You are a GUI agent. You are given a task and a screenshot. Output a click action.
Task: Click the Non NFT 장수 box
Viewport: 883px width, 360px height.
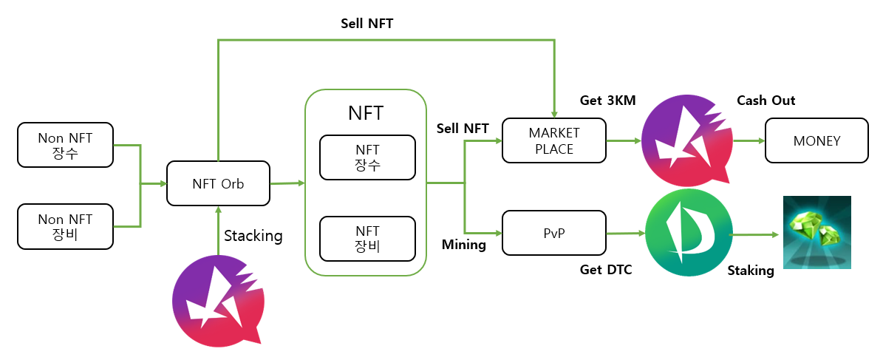(x=65, y=144)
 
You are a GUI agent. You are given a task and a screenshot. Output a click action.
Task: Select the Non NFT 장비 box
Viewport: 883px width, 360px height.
(x=65, y=227)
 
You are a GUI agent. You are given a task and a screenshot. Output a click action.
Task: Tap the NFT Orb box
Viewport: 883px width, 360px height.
(x=218, y=183)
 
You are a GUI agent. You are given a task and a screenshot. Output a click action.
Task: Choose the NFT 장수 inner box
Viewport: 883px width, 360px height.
(x=367, y=157)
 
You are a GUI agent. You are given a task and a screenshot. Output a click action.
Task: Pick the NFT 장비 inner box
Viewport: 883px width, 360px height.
(x=367, y=238)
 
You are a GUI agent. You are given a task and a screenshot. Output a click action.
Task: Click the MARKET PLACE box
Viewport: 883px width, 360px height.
(x=553, y=140)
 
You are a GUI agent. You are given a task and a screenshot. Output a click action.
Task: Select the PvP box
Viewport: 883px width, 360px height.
(x=553, y=233)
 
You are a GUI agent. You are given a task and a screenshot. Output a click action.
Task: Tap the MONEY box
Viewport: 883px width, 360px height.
(x=816, y=140)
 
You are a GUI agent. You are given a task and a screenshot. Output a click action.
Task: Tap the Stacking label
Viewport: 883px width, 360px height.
(x=253, y=237)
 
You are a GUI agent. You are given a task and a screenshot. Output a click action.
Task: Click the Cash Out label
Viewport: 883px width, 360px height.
(x=766, y=101)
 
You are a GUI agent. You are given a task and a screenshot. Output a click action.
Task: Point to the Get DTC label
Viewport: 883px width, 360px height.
(x=606, y=270)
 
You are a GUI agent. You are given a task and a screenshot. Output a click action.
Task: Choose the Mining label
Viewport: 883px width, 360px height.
(x=463, y=244)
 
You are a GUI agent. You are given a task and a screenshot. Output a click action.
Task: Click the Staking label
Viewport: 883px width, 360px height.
(x=750, y=271)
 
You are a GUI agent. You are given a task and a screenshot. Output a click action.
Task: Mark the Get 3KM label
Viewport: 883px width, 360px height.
(x=608, y=101)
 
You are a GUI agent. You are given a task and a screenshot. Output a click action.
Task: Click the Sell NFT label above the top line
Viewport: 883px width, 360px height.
(x=367, y=23)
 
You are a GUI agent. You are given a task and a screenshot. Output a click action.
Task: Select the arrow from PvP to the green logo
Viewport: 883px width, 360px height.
(x=624, y=233)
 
